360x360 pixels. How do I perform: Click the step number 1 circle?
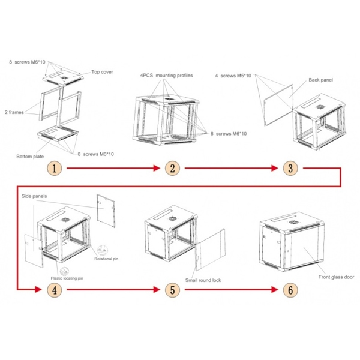(55, 169)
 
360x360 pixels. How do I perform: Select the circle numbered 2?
(172, 169)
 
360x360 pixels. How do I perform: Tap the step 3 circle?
(290, 169)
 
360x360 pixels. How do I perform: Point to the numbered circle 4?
(55, 290)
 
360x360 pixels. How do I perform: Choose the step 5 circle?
(172, 290)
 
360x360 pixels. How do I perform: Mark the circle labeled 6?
(290, 290)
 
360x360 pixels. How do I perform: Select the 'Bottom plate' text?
(30, 157)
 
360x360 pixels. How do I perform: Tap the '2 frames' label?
(16, 112)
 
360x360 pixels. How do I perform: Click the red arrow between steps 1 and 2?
(113, 169)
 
